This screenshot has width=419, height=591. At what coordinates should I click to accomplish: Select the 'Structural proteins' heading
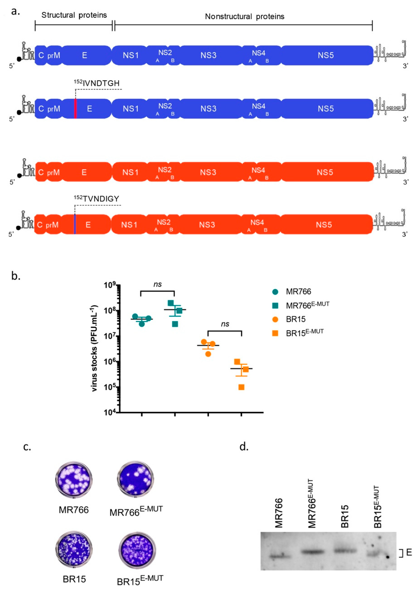tap(74, 15)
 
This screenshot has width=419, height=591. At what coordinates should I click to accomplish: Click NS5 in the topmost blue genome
tap(326, 55)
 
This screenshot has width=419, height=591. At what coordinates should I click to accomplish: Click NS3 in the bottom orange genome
tap(207, 225)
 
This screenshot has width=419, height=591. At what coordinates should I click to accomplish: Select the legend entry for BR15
tap(295, 319)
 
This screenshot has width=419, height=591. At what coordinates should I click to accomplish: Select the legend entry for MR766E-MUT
tap(307, 305)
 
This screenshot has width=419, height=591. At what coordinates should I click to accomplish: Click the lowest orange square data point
tap(241, 387)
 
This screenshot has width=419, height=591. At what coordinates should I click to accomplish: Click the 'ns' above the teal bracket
tap(157, 284)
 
